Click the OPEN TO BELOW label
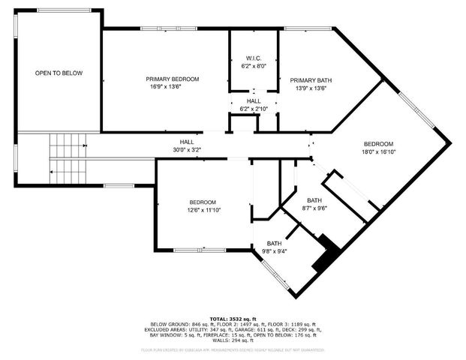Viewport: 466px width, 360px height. coord(58,73)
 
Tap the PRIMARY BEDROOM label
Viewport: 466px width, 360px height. coord(172,79)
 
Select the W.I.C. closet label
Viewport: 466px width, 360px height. coord(253,58)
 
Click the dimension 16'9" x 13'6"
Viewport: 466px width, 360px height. coord(172,87)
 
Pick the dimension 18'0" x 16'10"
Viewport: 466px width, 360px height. coord(378,151)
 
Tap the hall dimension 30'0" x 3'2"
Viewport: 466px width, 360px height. coord(186,150)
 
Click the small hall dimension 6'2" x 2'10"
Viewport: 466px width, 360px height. coord(253,109)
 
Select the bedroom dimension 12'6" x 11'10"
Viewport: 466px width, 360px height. coord(202,210)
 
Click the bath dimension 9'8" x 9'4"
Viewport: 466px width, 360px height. coord(274,251)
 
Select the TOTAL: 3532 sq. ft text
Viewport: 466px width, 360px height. coord(233,318)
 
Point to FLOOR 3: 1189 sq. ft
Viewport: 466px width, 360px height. coord(293,324)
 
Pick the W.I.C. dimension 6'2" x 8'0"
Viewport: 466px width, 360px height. coord(253,66)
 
